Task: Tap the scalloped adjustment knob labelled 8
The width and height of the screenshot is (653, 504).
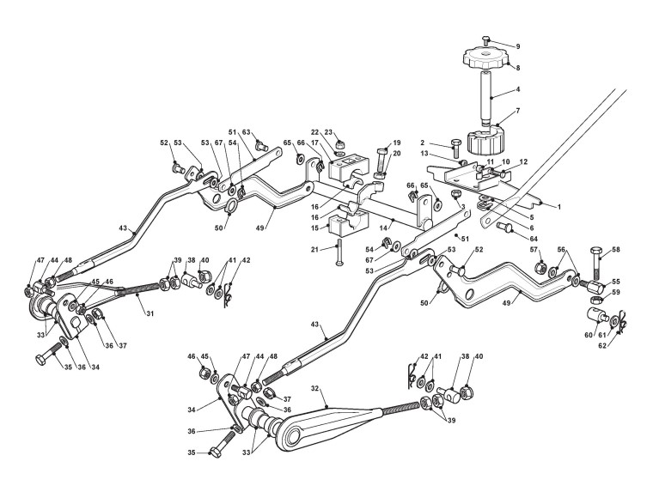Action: point(485,59)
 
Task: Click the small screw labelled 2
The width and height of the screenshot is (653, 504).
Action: point(456,149)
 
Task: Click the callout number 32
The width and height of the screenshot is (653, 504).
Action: point(315,389)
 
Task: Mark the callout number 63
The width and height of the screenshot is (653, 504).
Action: point(247,132)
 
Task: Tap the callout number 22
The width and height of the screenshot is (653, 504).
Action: point(315,131)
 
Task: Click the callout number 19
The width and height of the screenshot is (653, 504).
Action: point(397,143)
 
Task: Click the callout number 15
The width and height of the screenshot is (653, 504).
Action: point(315,228)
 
